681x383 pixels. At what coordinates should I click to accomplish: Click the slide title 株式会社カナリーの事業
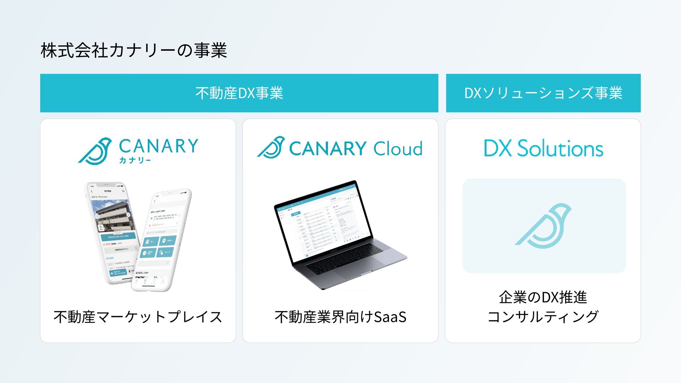134,50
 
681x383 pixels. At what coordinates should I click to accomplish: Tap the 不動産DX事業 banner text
239,93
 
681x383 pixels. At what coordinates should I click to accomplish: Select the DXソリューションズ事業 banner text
543,93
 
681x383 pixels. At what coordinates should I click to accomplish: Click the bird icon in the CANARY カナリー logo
95,151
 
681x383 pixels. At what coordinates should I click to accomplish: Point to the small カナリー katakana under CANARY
135,160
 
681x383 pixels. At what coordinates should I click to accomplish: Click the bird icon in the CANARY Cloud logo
272,147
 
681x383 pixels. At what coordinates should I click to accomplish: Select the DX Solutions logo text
543,148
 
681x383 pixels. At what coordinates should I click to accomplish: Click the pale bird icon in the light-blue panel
543,226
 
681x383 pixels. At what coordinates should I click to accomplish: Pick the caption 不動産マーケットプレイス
138,317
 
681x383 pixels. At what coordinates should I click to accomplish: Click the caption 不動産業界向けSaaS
340,317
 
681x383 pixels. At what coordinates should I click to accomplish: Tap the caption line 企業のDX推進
543,297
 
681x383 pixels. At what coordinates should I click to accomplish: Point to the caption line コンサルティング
543,317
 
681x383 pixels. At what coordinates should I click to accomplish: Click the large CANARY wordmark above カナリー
159,146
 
